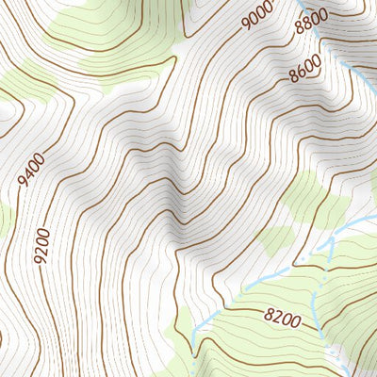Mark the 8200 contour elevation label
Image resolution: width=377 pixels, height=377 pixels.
(x=282, y=320)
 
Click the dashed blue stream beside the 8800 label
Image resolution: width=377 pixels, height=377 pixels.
(x=326, y=38)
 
